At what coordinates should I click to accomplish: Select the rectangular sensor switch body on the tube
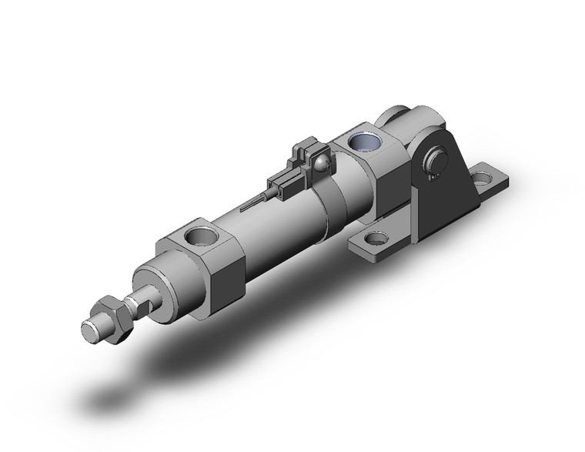coord(284,183)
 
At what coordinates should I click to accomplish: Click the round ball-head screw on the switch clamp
coord(321,162)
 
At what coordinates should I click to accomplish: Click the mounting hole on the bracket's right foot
coord(484,181)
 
